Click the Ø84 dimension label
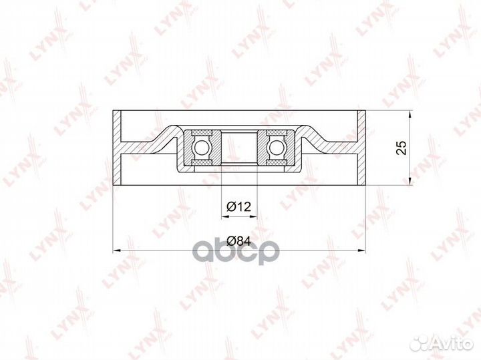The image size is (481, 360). pyautogui.click(x=238, y=241)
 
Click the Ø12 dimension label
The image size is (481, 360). pyautogui.click(x=238, y=207)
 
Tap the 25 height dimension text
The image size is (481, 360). pyautogui.click(x=401, y=148)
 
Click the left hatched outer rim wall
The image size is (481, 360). pyautogui.click(x=117, y=148)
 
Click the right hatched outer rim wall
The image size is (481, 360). pyautogui.click(x=361, y=148)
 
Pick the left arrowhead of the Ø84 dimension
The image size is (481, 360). pyautogui.click(x=116, y=251)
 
